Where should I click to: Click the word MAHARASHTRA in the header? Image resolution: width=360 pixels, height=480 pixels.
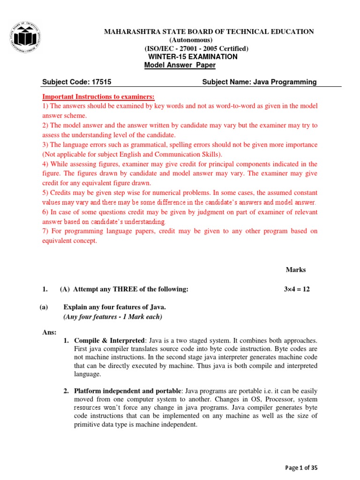click(x=127, y=31)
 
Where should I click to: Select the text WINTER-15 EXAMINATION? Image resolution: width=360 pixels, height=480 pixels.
click(x=193, y=57)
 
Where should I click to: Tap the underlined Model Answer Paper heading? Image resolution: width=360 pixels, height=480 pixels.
click(x=180, y=65)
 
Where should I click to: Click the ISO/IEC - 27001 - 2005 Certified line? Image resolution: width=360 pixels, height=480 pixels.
click(x=196, y=49)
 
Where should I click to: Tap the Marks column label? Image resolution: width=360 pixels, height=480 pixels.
click(x=296, y=270)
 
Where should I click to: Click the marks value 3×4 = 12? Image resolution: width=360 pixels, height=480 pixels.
click(x=297, y=289)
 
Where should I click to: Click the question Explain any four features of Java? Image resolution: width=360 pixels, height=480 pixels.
click(x=115, y=307)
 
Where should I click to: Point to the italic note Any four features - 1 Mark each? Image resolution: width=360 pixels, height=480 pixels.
click(x=112, y=317)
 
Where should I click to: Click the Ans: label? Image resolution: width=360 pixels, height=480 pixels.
click(x=49, y=332)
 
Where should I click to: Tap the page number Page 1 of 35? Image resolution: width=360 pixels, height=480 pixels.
click(x=304, y=467)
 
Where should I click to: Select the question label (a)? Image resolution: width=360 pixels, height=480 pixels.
click(x=44, y=307)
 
